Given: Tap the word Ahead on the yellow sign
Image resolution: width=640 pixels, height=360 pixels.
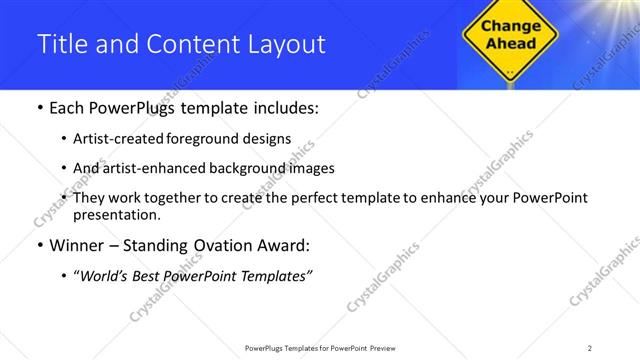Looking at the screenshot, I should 511,43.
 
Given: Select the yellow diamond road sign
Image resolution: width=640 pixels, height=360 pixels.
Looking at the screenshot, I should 511,38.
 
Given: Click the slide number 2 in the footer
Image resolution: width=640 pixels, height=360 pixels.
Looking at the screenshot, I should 590,348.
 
